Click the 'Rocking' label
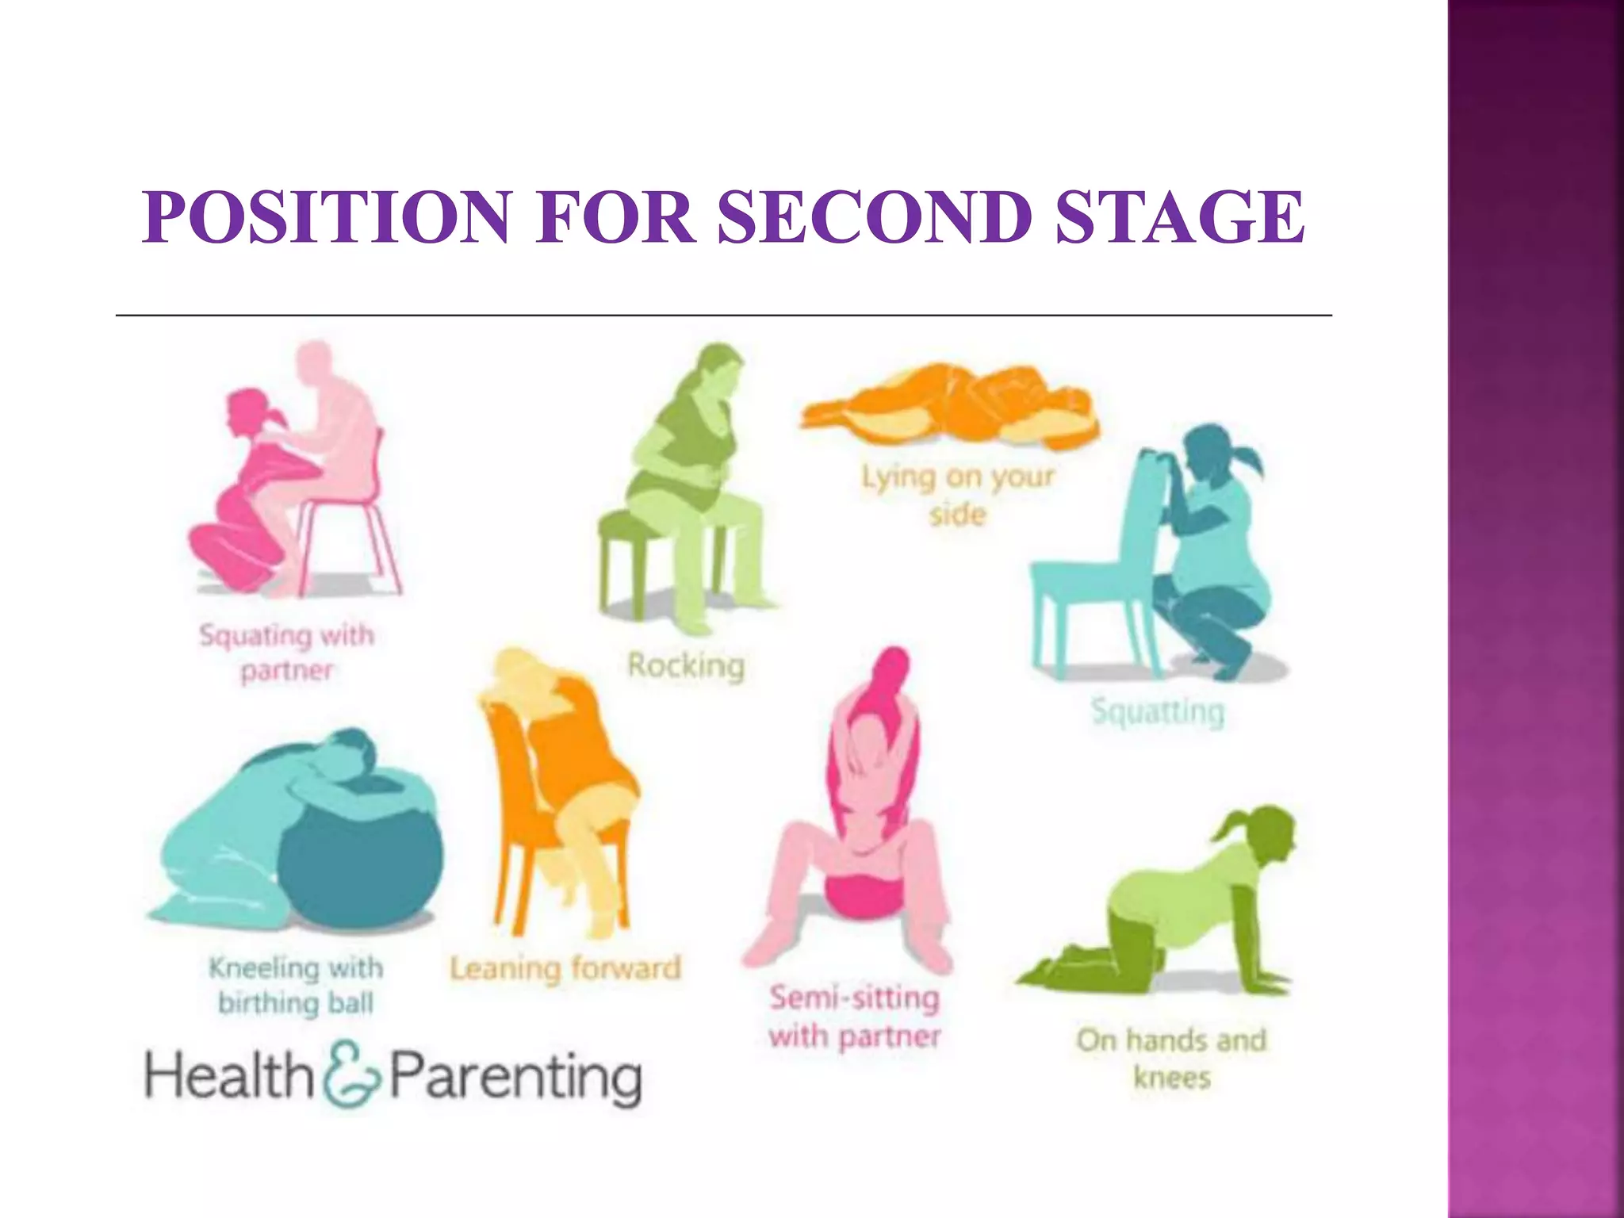pyautogui.click(x=686, y=665)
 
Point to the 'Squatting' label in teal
pyautogui.click(x=1158, y=711)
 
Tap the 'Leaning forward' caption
pyautogui.click(x=565, y=968)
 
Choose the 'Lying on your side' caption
pyautogui.click(x=958, y=495)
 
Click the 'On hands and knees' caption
pyautogui.click(x=1171, y=1058)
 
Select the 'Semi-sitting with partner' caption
pyautogui.click(x=855, y=1017)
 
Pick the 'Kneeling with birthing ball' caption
pyautogui.click(x=296, y=985)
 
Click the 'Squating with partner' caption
pyautogui.click(x=286, y=653)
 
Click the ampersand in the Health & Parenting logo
pyautogui.click(x=351, y=1074)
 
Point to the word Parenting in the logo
pyautogui.click(x=515, y=1076)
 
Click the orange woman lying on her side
pyautogui.click(x=952, y=404)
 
